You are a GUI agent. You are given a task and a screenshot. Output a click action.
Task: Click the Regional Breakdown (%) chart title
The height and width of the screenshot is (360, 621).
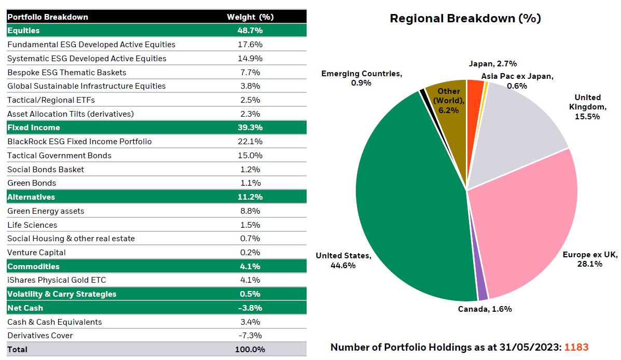point(465,19)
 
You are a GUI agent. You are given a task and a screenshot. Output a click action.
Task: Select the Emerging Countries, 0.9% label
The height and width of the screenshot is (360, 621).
point(361,78)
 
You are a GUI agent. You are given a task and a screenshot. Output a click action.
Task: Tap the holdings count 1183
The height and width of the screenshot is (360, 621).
point(576,347)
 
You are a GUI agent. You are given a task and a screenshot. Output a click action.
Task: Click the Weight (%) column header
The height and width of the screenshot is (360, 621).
point(250,17)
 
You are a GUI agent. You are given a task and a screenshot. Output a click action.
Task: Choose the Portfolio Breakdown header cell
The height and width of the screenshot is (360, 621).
point(48,17)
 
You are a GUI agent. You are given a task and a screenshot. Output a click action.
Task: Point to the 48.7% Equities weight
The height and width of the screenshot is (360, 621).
point(250,31)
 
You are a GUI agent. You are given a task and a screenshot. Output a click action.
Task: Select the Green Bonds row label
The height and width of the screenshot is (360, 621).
point(32,183)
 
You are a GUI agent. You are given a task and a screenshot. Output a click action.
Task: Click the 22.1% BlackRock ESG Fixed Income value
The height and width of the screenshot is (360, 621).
point(250,142)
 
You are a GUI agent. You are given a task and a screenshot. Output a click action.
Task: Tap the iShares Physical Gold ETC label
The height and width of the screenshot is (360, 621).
point(57,280)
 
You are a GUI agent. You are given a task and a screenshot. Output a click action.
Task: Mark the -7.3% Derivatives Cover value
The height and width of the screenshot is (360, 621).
point(250,336)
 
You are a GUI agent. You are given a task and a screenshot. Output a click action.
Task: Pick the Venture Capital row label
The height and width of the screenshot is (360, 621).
point(36,253)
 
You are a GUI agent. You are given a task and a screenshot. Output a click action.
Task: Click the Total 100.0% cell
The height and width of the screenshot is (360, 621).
point(250,350)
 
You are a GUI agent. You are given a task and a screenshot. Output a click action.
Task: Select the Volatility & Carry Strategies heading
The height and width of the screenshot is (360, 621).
point(62,294)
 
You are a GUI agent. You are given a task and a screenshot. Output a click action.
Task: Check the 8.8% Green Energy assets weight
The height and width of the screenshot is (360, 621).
point(250,211)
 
